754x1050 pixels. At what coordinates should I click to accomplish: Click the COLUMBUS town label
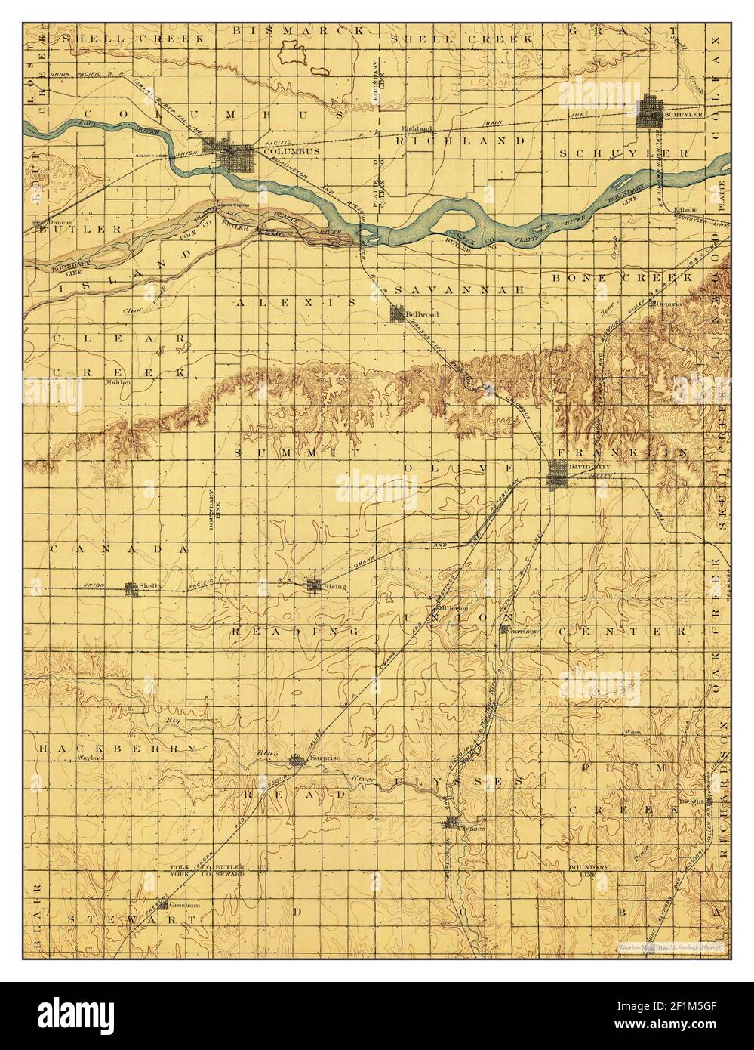(282, 151)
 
